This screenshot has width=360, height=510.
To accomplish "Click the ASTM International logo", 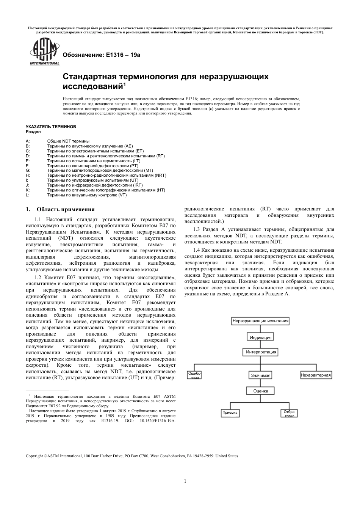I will [x=44, y=53].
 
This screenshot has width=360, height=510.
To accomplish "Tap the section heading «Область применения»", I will [x=66, y=209].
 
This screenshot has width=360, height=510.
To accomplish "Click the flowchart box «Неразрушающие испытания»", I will [x=260, y=321].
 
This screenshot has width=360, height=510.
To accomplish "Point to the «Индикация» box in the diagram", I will [x=260, y=337].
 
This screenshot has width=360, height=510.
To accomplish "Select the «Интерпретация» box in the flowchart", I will [x=261, y=352].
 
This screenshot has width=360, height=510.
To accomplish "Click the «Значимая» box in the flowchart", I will [x=260, y=375].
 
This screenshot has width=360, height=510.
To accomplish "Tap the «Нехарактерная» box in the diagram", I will [x=316, y=375].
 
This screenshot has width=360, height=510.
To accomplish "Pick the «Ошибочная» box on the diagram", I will [x=194, y=375].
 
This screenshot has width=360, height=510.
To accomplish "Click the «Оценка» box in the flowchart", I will [x=260, y=391].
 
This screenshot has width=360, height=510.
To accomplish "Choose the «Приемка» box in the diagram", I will [x=230, y=413].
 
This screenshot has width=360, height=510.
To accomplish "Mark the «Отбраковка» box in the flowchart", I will [x=290, y=413].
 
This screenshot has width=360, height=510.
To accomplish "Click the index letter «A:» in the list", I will [x=28, y=141].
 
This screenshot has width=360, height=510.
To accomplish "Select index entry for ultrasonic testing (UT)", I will [x=93, y=180].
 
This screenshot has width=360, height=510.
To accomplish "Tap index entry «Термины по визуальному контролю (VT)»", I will [x=87, y=195].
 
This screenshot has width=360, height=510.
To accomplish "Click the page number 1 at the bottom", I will [x=185, y=481].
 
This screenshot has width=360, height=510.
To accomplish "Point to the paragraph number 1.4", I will [x=196, y=250].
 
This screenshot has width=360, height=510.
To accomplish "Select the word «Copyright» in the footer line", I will [x=34, y=456].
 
